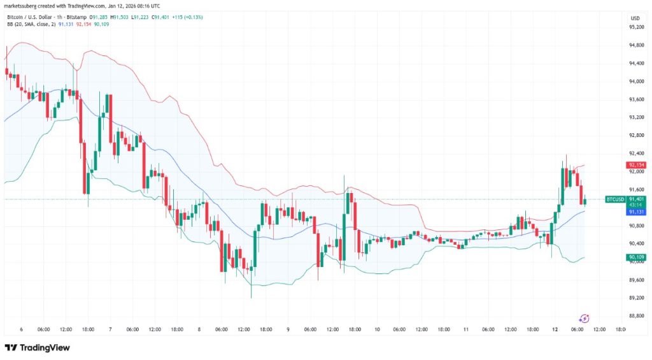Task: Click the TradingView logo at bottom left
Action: click(x=37, y=348)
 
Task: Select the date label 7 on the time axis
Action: click(x=110, y=329)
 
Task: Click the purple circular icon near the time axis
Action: click(x=585, y=318)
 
